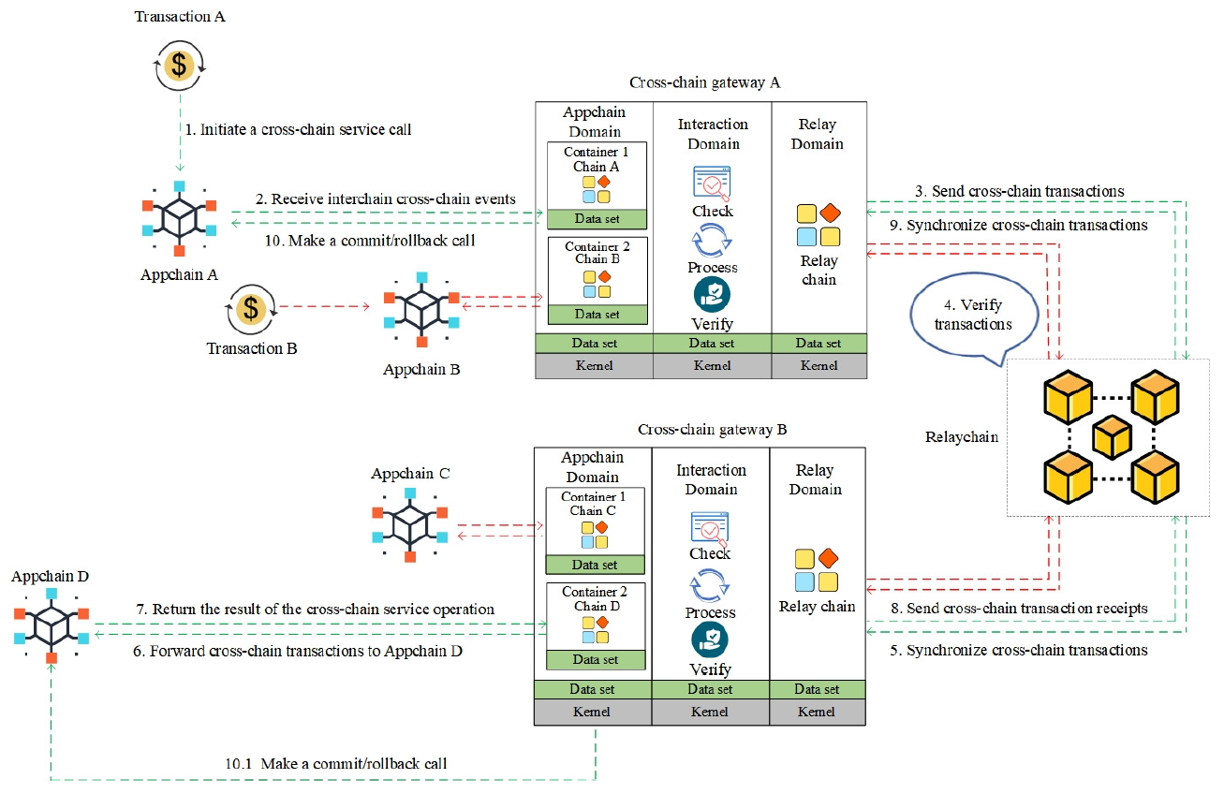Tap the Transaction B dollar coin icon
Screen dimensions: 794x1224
coord(250,307)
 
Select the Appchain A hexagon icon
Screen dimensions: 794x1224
coord(179,217)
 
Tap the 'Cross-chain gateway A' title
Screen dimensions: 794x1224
coord(704,82)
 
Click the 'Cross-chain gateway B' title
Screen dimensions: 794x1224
coord(712,429)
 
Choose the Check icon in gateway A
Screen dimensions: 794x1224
coord(712,183)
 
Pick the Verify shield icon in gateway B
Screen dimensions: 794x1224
coord(710,640)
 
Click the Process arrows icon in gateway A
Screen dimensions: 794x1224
coord(712,241)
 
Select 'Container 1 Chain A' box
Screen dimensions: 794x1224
coord(597,176)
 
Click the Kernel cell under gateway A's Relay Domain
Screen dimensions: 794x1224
coord(818,365)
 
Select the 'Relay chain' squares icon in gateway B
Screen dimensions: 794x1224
coord(817,570)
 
